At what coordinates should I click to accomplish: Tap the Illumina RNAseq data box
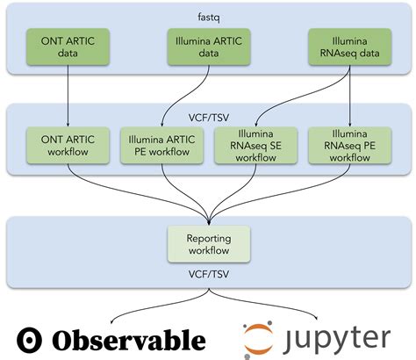(351, 47)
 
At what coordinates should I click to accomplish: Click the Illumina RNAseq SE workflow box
(255, 146)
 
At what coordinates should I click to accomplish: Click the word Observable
(128, 340)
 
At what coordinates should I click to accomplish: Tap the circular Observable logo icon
(32, 340)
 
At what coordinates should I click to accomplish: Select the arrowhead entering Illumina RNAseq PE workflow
(351, 124)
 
